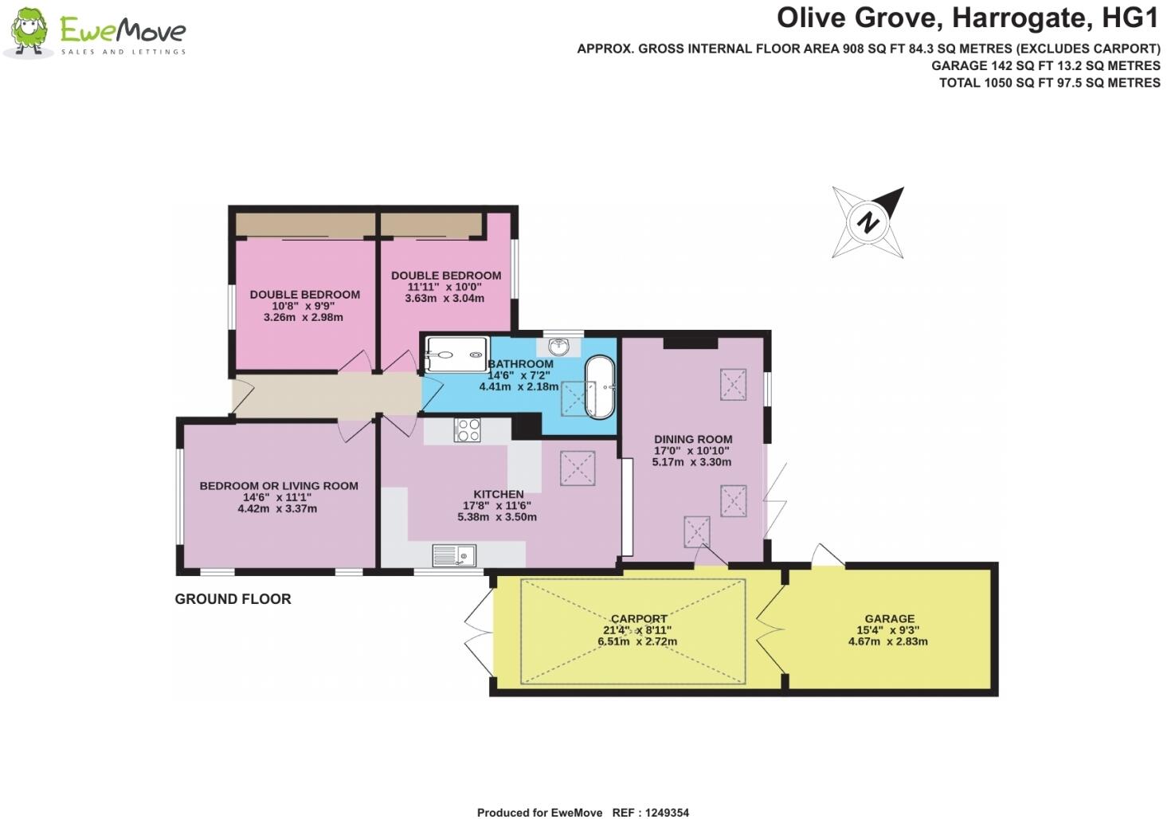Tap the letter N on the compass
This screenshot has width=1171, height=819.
(868, 222)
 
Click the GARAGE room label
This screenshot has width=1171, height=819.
(889, 618)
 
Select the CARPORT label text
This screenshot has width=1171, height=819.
(639, 619)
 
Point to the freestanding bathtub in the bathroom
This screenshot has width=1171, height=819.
(600, 387)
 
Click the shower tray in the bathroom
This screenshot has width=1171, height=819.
(457, 355)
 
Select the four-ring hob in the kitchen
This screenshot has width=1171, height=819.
(468, 430)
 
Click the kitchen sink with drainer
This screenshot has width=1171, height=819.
(454, 555)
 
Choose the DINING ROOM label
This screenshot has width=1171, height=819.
(693, 439)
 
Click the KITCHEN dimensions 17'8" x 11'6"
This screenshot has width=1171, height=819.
(497, 506)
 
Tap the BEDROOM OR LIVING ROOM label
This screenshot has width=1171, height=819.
(279, 486)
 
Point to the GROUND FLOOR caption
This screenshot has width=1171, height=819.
(233, 599)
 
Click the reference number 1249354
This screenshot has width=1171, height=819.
(667, 813)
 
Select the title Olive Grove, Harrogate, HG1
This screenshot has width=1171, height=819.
(968, 18)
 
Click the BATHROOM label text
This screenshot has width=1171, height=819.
(520, 364)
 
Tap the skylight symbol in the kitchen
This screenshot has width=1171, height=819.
(578, 468)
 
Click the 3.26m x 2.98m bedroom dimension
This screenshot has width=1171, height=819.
(304, 317)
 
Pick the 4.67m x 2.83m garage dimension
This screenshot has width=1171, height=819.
(887, 641)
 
